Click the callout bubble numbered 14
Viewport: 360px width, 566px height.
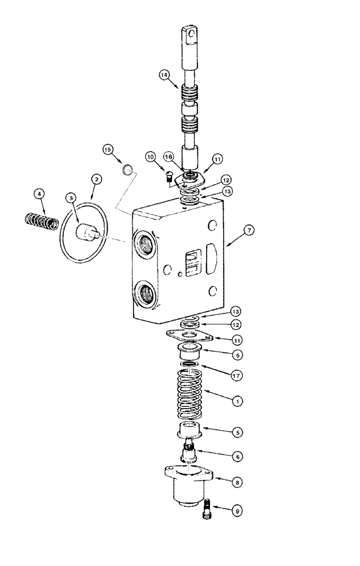pyautogui.click(x=164, y=74)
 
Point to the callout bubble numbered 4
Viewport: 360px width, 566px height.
pyautogui.click(x=39, y=195)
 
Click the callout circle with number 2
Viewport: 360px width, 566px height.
pyautogui.click(x=97, y=179)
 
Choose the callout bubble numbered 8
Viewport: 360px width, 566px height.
pyautogui.click(x=238, y=482)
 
